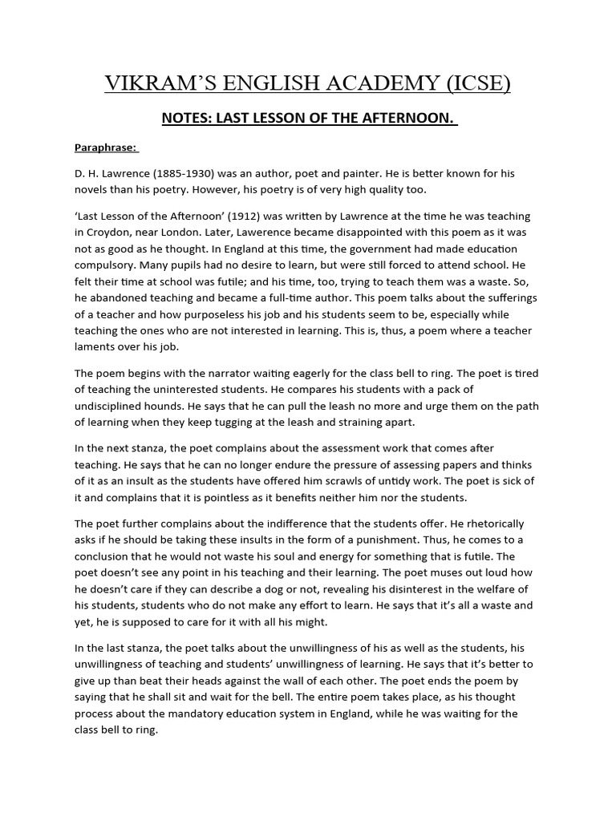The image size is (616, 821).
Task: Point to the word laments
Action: (x=96, y=347)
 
